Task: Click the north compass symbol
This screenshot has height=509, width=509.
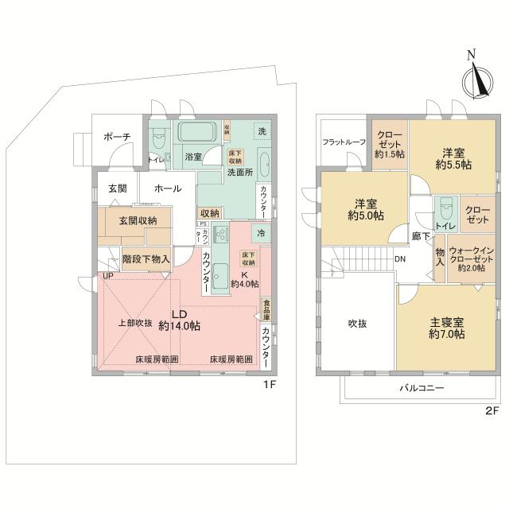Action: [475, 78]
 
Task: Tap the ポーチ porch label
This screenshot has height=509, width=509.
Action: [117, 137]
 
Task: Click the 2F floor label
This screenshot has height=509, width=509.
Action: [491, 412]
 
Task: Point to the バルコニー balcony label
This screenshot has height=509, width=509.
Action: [421, 388]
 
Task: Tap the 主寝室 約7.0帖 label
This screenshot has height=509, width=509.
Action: [446, 328]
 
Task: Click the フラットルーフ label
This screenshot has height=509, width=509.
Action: [343, 142]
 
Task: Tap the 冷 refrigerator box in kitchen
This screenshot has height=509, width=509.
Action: [261, 233]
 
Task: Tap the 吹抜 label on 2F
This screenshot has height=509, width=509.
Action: [356, 324]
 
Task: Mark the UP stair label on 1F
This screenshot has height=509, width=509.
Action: [107, 276]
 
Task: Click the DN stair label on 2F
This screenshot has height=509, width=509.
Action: [401, 258]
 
